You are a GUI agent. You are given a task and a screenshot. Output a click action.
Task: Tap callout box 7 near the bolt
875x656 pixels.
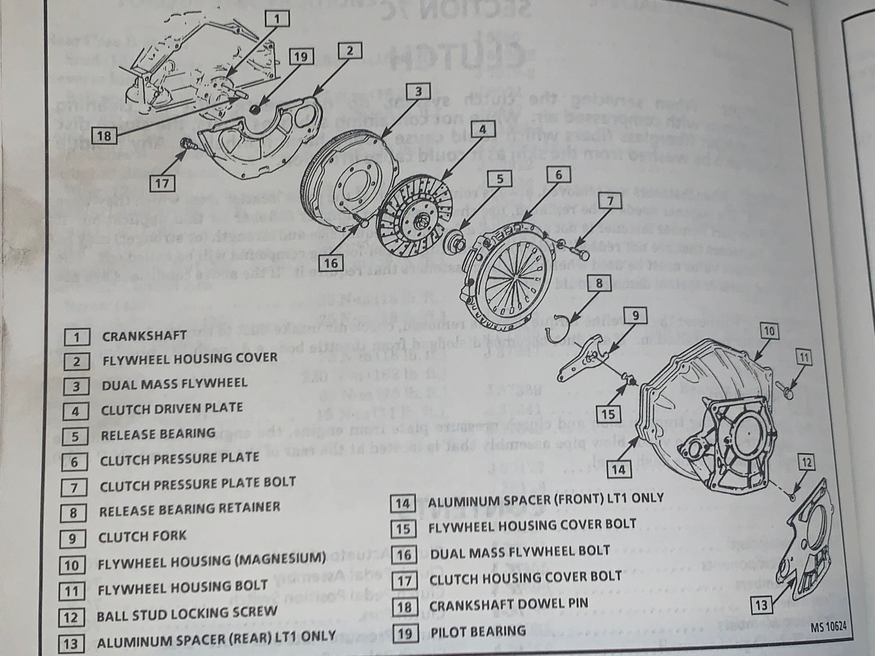point(610,201)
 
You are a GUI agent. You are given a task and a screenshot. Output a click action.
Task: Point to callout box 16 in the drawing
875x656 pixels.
point(331,263)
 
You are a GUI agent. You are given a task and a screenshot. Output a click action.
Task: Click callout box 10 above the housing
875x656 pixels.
point(769,331)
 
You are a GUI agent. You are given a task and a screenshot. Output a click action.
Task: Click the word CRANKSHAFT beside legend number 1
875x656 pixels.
point(144,336)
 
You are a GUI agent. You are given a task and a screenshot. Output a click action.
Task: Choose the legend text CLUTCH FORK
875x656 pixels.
point(142,536)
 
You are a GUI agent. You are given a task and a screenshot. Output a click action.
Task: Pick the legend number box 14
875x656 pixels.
point(402,503)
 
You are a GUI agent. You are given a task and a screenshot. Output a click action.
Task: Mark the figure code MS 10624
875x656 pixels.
point(828,627)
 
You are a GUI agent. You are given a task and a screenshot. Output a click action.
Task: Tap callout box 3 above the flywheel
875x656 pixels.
point(418,92)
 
